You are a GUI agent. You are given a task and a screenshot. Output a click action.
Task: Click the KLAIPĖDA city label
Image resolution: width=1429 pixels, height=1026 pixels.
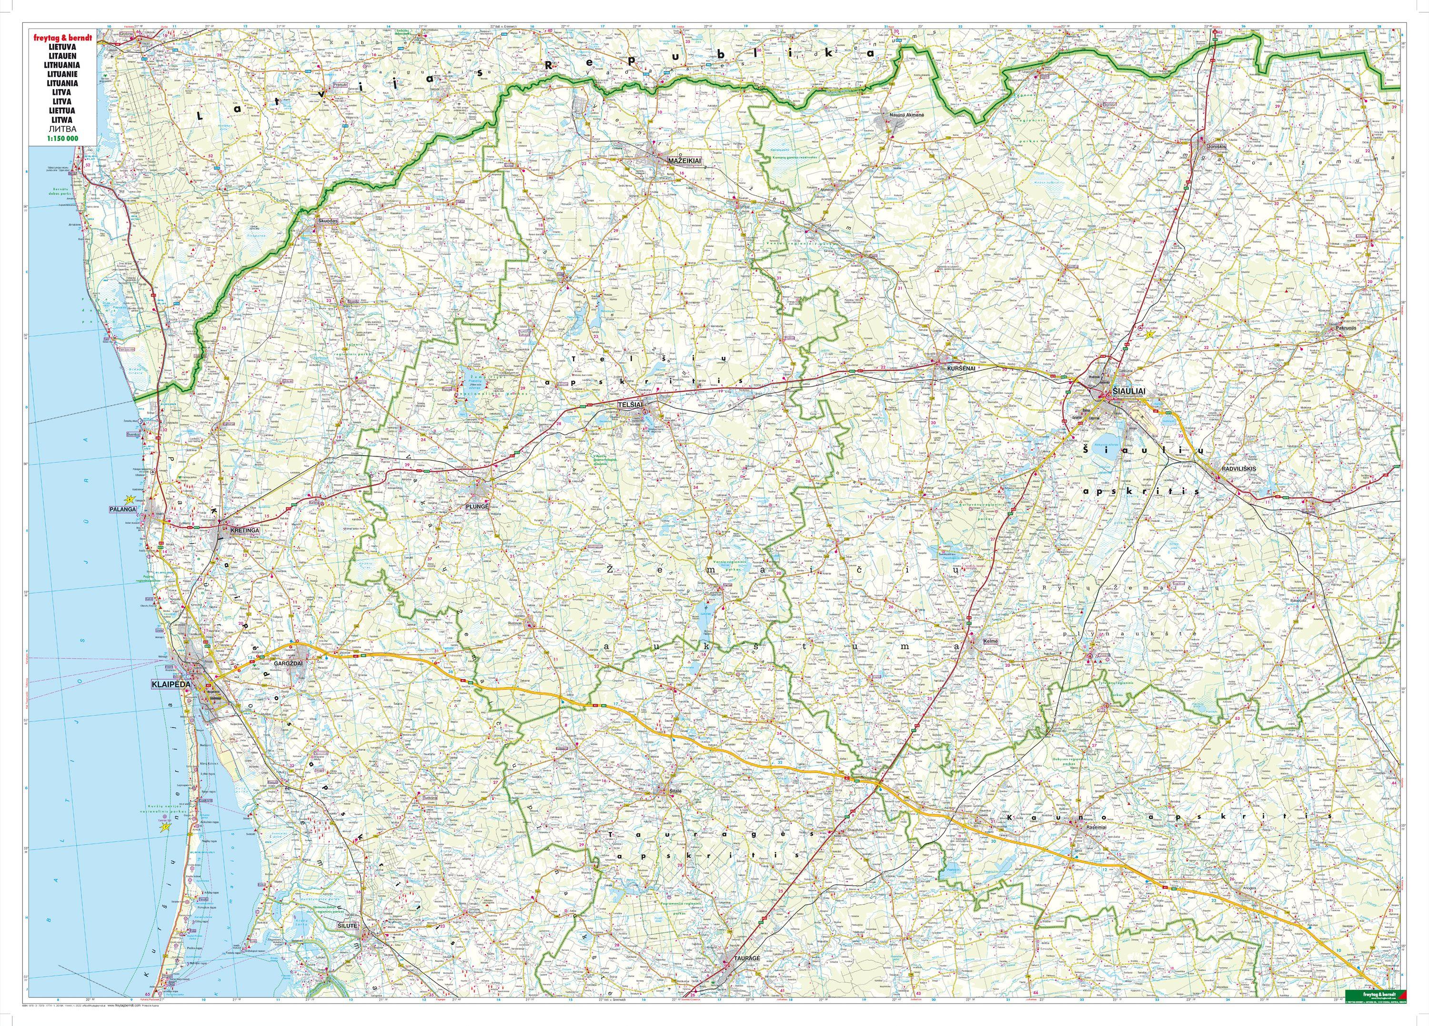[x=171, y=684]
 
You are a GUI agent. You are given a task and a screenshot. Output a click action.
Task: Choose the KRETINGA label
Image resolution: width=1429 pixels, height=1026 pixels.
[x=245, y=531]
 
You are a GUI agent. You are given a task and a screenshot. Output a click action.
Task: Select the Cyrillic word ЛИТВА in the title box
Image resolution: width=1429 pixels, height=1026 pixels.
[x=62, y=129]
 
